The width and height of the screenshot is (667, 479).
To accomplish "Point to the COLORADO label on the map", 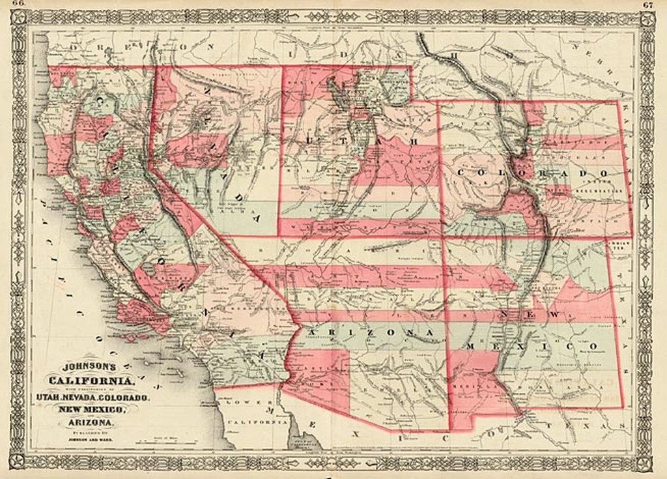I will [x=532, y=173].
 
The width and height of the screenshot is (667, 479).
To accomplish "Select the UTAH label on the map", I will [x=357, y=140].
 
